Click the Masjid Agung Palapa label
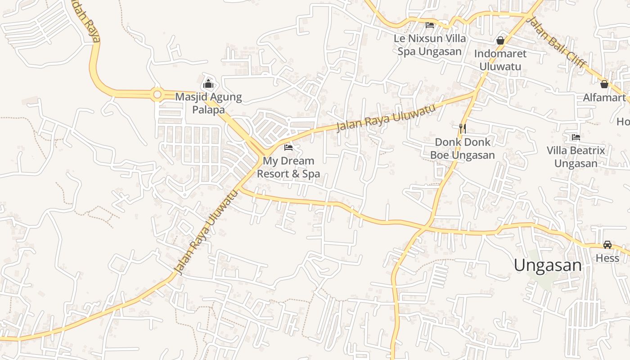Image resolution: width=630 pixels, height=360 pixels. click(x=208, y=103)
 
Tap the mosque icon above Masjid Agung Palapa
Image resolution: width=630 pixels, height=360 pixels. click(x=208, y=84)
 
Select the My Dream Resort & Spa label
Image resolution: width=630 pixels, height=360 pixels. click(x=288, y=167)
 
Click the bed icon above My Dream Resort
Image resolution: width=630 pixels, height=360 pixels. click(x=288, y=147)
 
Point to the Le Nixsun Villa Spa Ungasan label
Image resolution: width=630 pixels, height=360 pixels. click(x=430, y=45)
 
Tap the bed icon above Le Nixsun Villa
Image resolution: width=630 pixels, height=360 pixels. click(x=430, y=25)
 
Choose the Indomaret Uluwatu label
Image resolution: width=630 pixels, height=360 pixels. click(x=500, y=60)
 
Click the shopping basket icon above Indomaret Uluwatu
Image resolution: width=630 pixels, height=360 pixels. click(x=500, y=40)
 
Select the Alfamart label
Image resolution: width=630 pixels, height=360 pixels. click(x=604, y=98)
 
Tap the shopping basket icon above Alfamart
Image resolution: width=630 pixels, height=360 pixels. click(x=604, y=84)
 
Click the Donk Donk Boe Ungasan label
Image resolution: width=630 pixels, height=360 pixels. click(x=463, y=148)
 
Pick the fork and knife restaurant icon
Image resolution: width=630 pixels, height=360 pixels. click(x=462, y=129)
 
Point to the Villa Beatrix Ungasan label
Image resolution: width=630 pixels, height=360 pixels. click(x=576, y=157)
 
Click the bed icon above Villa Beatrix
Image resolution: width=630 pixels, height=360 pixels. click(x=576, y=137)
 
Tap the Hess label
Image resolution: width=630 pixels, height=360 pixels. click(x=607, y=258)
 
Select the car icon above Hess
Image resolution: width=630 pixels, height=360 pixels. click(x=607, y=245)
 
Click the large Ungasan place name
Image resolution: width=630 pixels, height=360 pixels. click(x=548, y=265)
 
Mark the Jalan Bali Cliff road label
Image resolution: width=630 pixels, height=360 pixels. click(x=556, y=42)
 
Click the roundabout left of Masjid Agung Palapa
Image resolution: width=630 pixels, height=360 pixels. click(x=157, y=94)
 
